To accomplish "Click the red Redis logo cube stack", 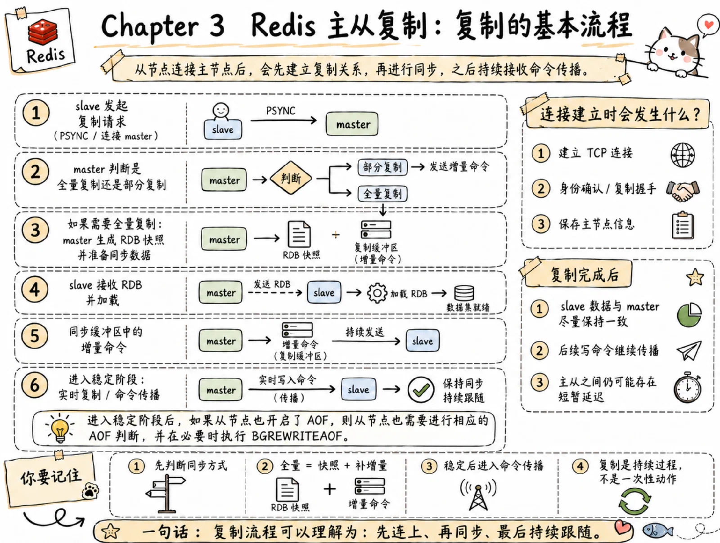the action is (42, 31).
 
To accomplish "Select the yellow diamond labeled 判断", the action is (291, 178).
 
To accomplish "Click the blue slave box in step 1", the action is (223, 129).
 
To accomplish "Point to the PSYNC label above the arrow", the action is (280, 111).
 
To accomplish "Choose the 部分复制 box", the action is (382, 167).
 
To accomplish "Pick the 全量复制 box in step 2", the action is (382, 193).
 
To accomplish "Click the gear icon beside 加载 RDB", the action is (377, 292).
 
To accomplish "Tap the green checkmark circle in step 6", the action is (421, 390).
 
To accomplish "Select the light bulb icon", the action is (60, 427).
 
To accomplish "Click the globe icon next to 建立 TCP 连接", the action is (683, 155).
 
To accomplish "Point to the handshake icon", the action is (683, 190).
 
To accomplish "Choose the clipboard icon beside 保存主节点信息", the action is (683, 225).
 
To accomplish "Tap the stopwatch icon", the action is (688, 387).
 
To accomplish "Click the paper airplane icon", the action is (689, 350).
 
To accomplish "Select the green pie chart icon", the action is (689, 315).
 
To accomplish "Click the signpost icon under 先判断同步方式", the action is (166, 494).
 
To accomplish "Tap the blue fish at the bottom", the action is (657, 530).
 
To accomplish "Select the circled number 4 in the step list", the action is (35, 289).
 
